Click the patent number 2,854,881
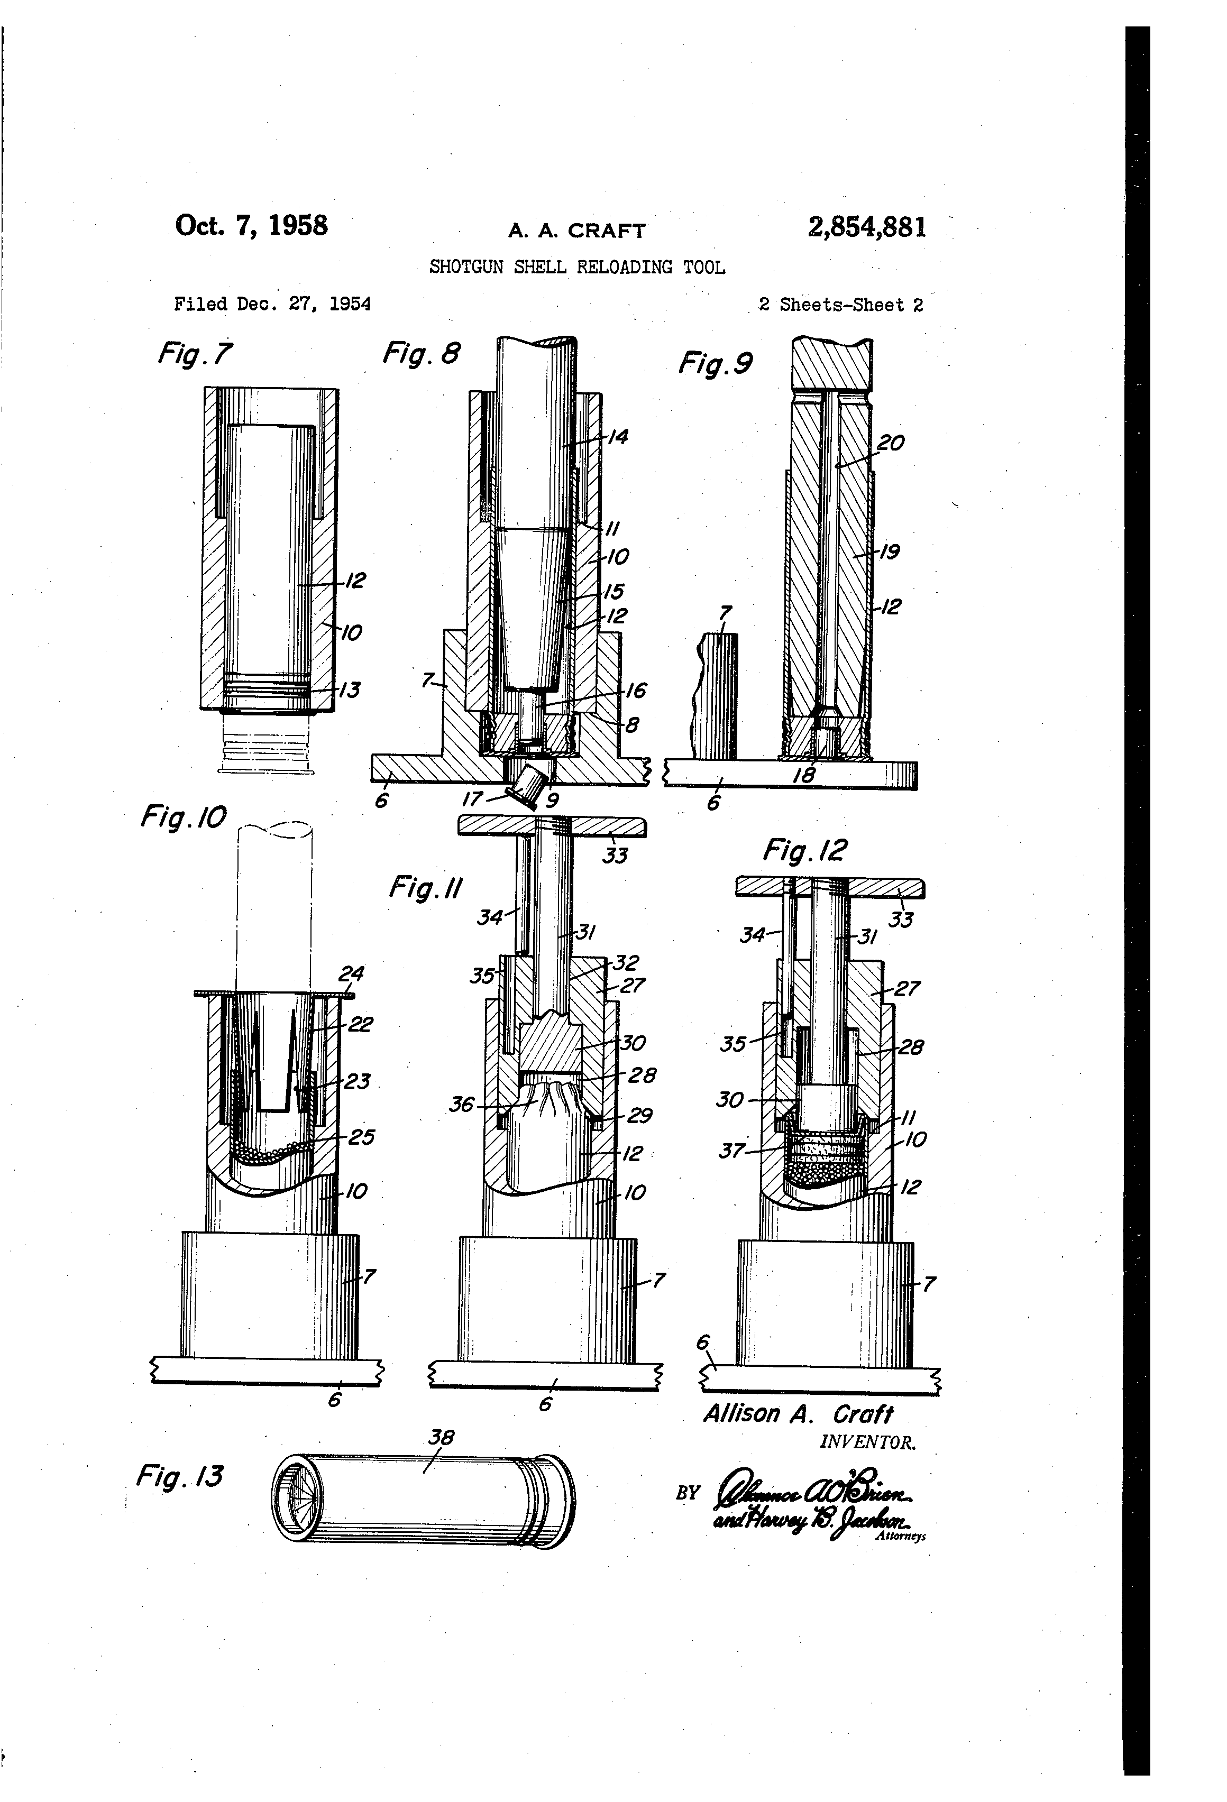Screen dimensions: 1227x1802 866,227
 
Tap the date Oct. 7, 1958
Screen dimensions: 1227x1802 251,226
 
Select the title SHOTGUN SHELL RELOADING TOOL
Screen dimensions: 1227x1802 577,268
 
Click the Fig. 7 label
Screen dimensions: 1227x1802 195,354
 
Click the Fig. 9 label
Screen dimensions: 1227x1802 715,363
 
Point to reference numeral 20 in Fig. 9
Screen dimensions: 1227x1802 891,443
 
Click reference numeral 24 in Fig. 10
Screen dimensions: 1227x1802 351,973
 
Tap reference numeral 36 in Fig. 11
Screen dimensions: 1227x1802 462,1104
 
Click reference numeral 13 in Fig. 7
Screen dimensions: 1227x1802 350,689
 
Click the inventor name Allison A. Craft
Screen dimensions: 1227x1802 798,1413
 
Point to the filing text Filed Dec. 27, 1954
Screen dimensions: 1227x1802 272,304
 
